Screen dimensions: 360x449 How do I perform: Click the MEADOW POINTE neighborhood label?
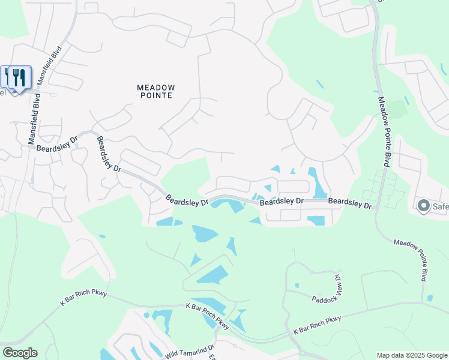pyautogui.click(x=155, y=91)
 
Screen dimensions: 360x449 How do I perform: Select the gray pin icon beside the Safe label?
pyautogui.click(x=423, y=206)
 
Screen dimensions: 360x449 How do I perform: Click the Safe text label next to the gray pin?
pyautogui.click(x=440, y=207)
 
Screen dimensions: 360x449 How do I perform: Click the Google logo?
pyautogui.click(x=19, y=352)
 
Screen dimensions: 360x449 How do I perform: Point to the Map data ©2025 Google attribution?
pyautogui.click(x=411, y=355)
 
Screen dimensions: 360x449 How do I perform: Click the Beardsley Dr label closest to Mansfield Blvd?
pyautogui.click(x=58, y=145)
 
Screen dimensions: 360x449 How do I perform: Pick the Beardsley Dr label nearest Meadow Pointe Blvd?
pyautogui.click(x=350, y=203)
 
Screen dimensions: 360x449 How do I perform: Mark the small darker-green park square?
pyautogui.click(x=397, y=109)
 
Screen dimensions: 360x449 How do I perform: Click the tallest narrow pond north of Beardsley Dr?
pyautogui.click(x=315, y=183)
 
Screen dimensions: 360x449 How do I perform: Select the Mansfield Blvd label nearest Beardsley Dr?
pyautogui.click(x=32, y=121)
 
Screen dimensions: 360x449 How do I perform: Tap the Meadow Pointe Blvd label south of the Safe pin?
pyautogui.click(x=411, y=260)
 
